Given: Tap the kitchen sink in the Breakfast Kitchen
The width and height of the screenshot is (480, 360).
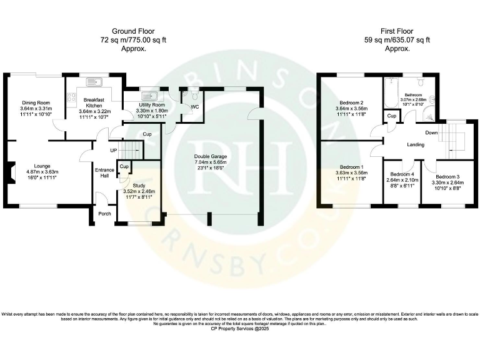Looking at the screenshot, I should tap(94, 81).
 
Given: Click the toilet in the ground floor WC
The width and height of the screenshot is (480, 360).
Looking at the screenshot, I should tap(194, 94).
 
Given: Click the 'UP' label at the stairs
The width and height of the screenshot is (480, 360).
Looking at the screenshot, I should tap(113, 151).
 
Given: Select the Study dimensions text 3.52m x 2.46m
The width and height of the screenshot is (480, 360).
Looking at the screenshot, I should tap(139, 191).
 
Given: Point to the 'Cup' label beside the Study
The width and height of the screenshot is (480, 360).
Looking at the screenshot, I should tap(124, 167).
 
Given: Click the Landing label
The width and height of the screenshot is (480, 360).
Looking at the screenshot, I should tap(416, 145).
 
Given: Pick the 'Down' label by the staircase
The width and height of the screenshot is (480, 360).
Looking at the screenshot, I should tap(431, 132).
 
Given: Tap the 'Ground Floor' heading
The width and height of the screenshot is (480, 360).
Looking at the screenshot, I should tap(133, 31).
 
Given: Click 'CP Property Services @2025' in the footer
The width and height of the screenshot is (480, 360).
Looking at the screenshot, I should tap(240, 328).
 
